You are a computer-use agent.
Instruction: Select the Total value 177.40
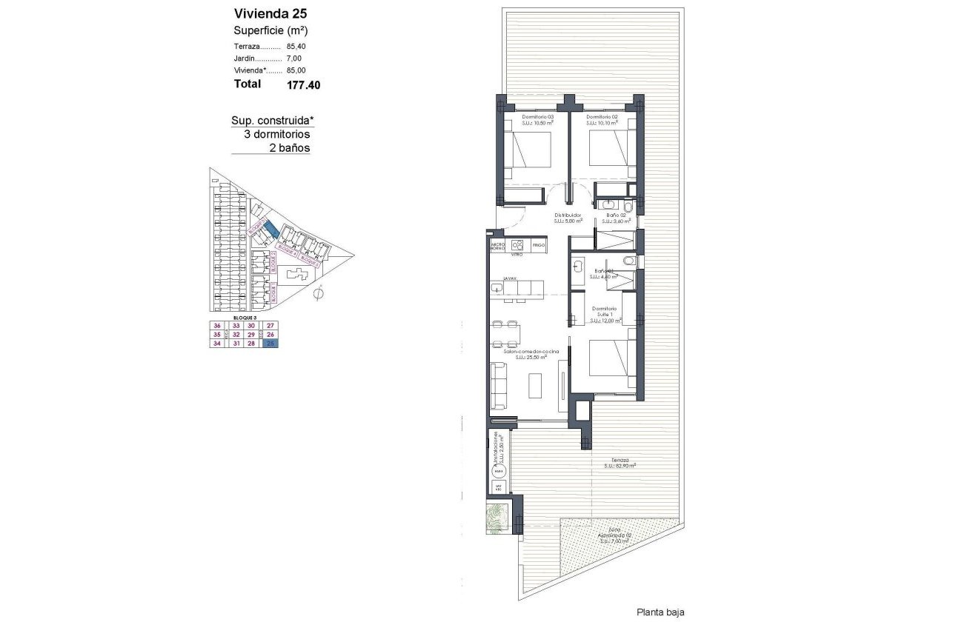click(x=303, y=85)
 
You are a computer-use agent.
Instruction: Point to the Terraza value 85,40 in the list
click(x=296, y=46)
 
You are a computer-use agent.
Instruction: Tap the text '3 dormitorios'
click(x=276, y=135)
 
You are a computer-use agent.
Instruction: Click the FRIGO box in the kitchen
click(x=539, y=244)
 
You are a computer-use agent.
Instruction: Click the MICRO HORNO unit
click(x=497, y=245)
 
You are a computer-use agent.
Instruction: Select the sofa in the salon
click(x=499, y=386)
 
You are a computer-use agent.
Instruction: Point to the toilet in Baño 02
click(x=628, y=207)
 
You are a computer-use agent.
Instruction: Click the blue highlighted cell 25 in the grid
click(x=271, y=343)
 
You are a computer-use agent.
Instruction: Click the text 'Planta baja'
click(x=661, y=612)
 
